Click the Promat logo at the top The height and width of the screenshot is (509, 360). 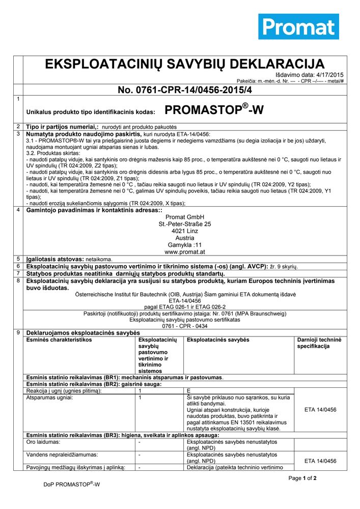[298, 26]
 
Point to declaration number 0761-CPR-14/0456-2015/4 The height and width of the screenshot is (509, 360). [184, 90]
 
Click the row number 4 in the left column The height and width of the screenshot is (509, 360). [18, 210]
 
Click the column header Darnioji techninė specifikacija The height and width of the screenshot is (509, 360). [320, 343]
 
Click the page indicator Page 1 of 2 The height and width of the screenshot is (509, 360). [302, 478]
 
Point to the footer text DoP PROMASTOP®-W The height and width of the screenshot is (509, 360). [72, 485]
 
